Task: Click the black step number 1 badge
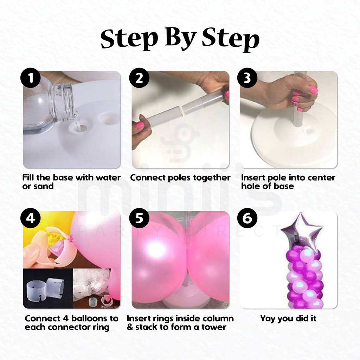click(31, 78)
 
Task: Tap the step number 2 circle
click(139, 78)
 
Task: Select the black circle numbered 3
click(247, 78)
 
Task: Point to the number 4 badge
click(31, 218)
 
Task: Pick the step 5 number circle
click(139, 218)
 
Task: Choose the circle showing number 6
click(247, 218)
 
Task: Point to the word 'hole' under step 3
click(250, 186)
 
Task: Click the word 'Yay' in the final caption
click(268, 319)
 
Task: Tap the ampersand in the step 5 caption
click(130, 327)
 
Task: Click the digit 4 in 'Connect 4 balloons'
click(65, 319)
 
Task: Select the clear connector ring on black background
click(46, 289)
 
